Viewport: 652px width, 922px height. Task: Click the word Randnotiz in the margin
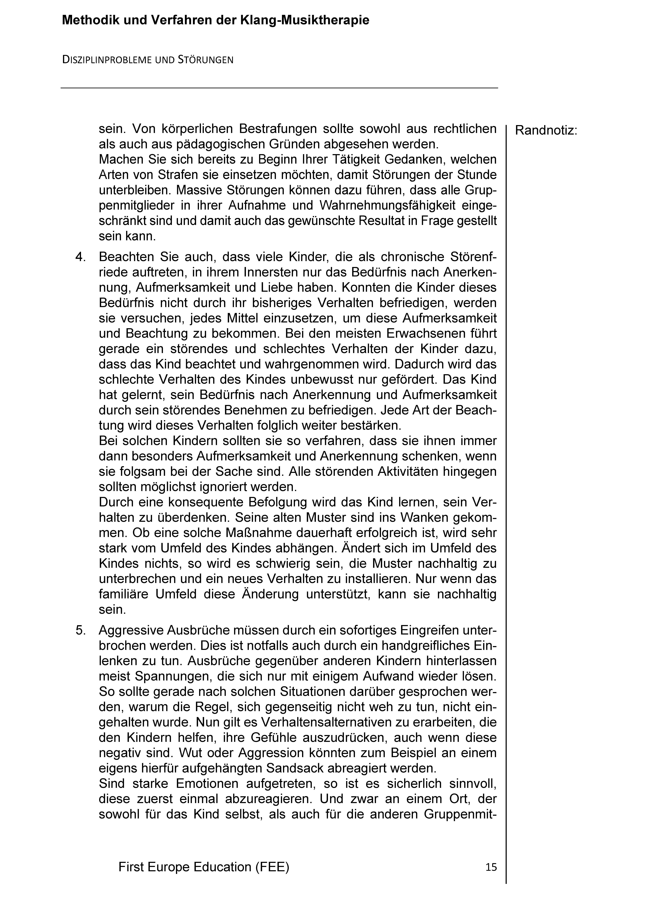point(545,131)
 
